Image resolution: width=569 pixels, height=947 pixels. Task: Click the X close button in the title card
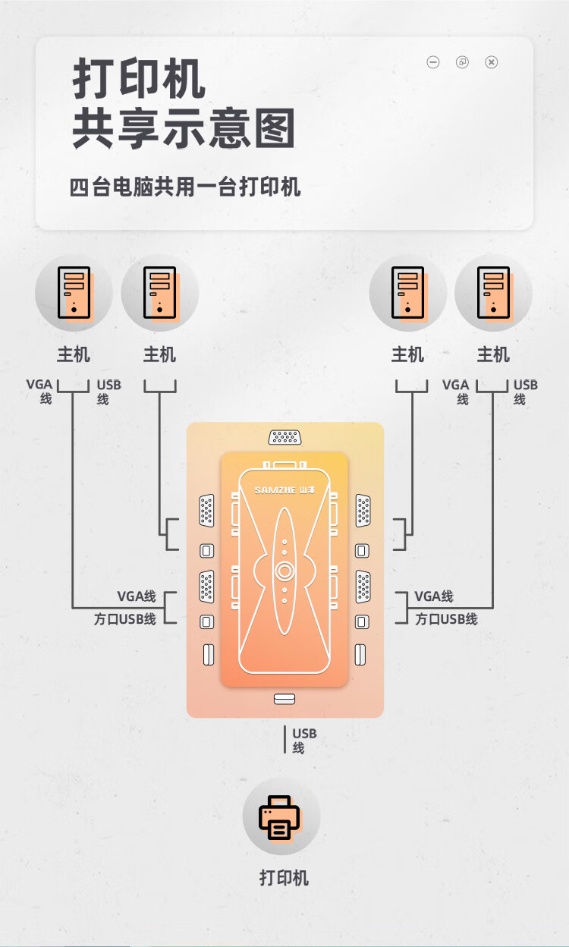click(x=492, y=62)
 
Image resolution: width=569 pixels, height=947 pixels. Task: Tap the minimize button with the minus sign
click(x=433, y=62)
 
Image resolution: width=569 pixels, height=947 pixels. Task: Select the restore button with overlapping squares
click(x=462, y=62)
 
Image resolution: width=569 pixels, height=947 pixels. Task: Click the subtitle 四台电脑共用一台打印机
click(x=185, y=187)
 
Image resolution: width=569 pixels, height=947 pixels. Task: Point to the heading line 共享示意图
click(x=184, y=129)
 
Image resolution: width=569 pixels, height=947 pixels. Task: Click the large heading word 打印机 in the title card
click(x=139, y=79)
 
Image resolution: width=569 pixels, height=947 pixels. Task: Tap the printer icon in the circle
click(x=280, y=816)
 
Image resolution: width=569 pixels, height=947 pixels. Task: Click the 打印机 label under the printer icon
click(x=284, y=878)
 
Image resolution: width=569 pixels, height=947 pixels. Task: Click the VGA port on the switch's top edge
click(x=284, y=437)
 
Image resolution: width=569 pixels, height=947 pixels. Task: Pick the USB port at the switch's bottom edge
click(x=284, y=699)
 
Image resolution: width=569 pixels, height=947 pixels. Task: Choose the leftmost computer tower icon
click(x=74, y=292)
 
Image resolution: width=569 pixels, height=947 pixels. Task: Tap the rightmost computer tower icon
click(x=493, y=292)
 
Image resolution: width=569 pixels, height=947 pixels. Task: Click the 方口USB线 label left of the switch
click(x=125, y=619)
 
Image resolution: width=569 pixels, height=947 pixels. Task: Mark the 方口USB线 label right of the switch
click(x=446, y=619)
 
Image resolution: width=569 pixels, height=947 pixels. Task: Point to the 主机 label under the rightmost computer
click(x=493, y=354)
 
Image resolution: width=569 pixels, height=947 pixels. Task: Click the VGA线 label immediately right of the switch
click(x=434, y=596)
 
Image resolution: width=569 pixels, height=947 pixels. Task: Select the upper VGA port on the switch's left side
click(x=206, y=511)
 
